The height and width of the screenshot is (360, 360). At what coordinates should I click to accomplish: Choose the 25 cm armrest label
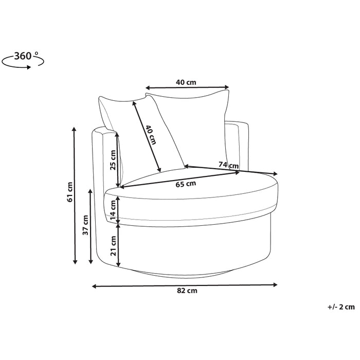pyautogui.click(x=113, y=160)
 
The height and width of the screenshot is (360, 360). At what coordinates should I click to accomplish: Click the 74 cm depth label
pyautogui.click(x=229, y=165)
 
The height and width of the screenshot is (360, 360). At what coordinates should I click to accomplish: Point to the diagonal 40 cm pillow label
pyautogui.click(x=150, y=135)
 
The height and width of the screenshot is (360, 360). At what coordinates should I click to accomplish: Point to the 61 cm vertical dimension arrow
pyautogui.click(x=76, y=195)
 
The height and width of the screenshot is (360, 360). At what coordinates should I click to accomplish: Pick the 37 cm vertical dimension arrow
pyautogui.click(x=92, y=226)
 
